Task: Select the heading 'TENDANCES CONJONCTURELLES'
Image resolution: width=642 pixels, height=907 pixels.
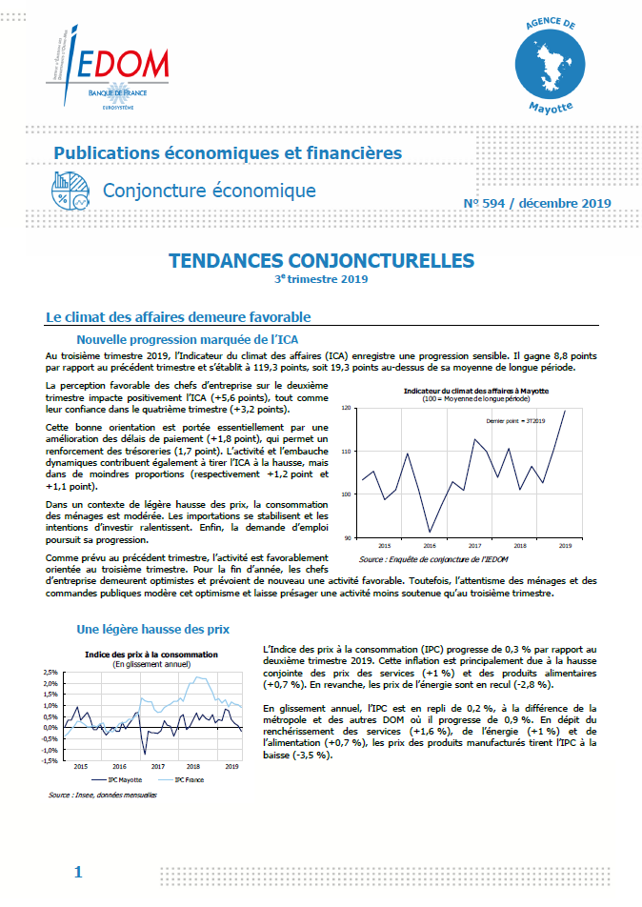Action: [321, 260]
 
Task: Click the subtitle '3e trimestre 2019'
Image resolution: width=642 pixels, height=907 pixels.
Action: [320, 279]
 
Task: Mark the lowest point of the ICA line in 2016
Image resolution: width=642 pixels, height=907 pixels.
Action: [430, 532]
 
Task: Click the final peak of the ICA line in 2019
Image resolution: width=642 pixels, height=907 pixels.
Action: [565, 411]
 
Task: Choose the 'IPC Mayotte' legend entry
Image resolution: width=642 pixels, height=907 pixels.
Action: [123, 778]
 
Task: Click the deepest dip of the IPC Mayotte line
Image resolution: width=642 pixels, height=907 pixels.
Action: [144, 753]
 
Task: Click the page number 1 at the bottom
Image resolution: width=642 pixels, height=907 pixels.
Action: [78, 872]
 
